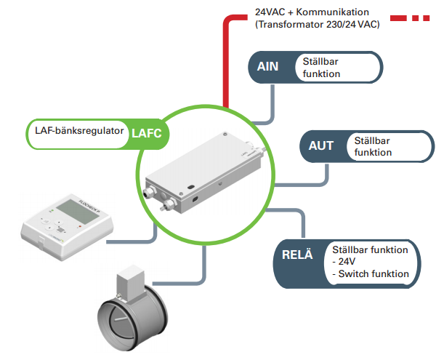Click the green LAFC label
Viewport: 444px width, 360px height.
click(x=150, y=132)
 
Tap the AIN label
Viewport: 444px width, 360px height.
click(x=268, y=67)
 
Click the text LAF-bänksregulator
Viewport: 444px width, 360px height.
click(x=78, y=132)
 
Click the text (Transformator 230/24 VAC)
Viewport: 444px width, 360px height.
click(x=316, y=24)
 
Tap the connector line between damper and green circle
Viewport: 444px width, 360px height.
click(x=199, y=270)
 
